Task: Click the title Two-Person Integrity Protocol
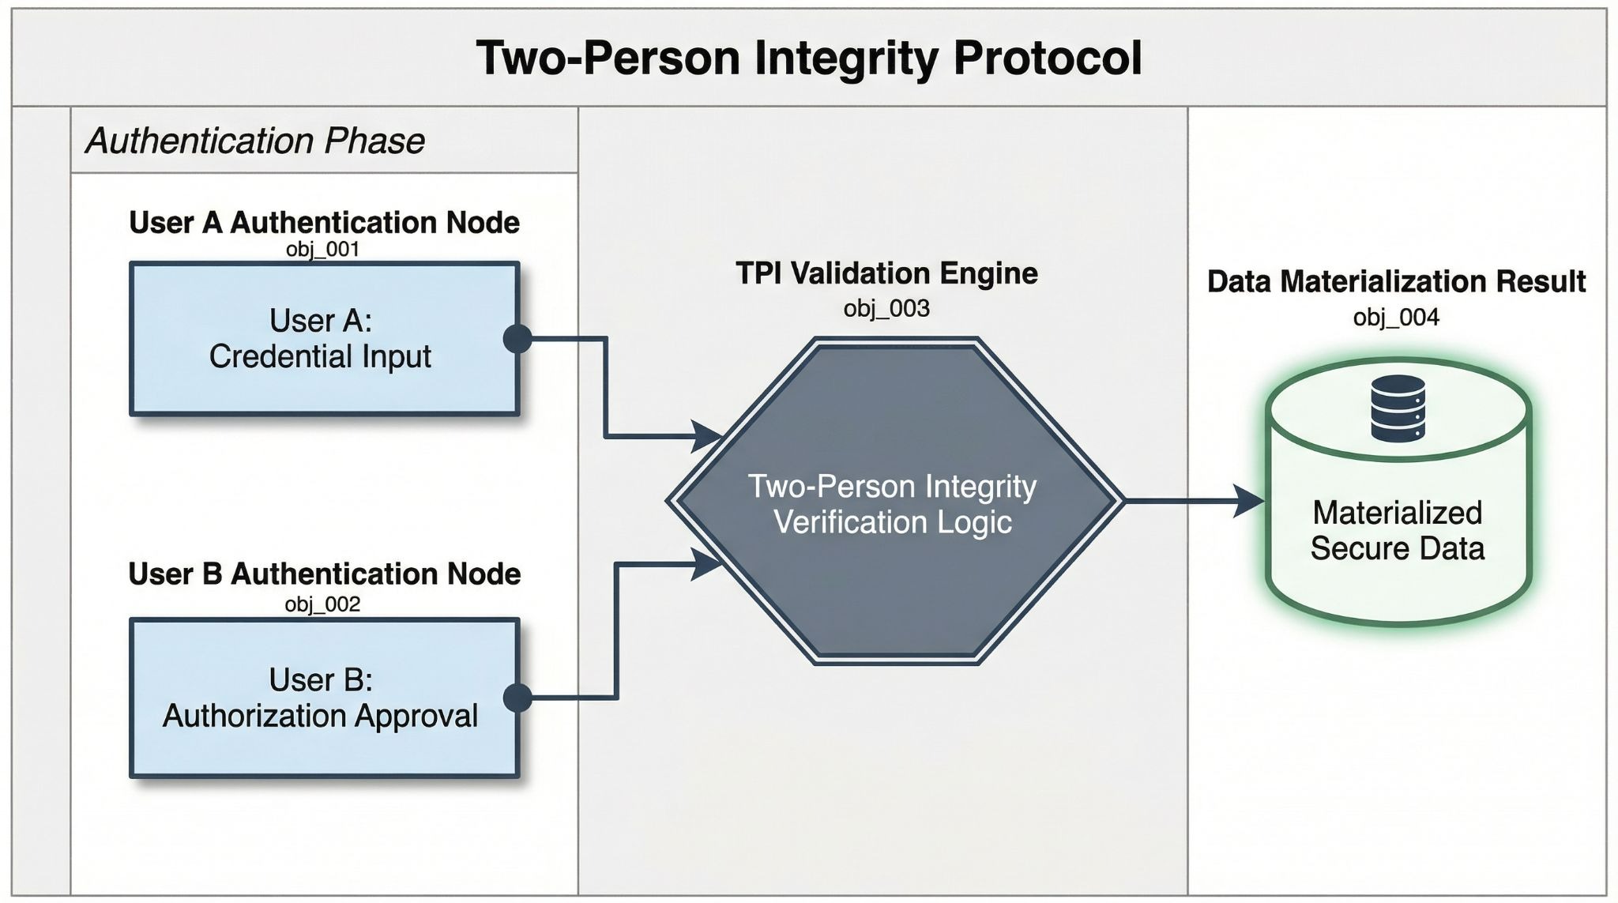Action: click(809, 58)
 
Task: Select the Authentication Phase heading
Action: click(255, 141)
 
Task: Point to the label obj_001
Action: click(322, 250)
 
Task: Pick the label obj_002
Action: click(322, 604)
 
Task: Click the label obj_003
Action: click(886, 308)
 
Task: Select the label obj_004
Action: click(1396, 318)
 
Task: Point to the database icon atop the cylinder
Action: click(1398, 408)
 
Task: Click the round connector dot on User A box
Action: click(517, 339)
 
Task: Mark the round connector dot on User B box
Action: click(517, 698)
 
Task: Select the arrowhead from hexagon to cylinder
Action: click(1248, 500)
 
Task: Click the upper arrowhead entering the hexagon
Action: click(706, 436)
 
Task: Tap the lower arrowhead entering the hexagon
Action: click(706, 564)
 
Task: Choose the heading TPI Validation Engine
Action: click(886, 273)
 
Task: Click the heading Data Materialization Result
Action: click(1396, 282)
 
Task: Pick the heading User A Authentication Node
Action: click(324, 223)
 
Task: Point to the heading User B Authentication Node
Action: click(324, 574)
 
